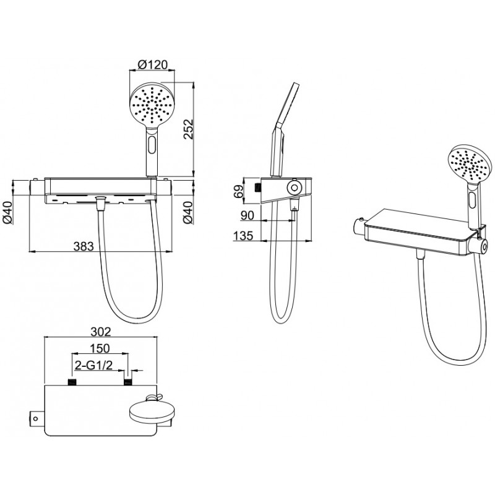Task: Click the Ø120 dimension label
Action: [153, 65]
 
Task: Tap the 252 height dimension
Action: [187, 129]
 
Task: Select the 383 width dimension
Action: [84, 246]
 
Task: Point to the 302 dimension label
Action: [101, 332]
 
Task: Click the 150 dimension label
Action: [100, 348]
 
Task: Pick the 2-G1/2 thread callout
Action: [94, 365]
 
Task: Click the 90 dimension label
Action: [247, 215]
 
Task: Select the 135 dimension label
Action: [243, 236]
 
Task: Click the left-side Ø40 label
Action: [7, 212]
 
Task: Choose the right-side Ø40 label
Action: [188, 212]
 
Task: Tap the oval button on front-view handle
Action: [152, 144]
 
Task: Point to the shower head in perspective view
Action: [468, 164]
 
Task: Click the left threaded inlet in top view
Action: [72, 382]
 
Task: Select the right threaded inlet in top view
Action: [127, 382]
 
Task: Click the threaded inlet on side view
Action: [257, 187]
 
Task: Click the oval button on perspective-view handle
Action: [473, 200]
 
